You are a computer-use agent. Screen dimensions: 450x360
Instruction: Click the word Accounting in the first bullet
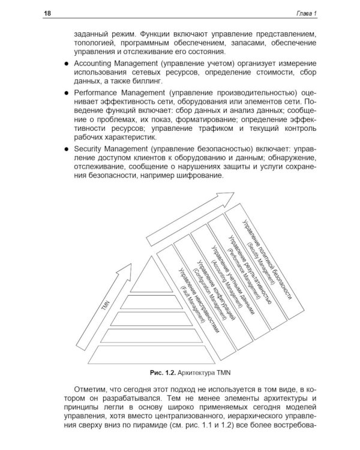(x=97, y=63)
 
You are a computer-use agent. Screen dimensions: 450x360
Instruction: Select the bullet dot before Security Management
(x=66, y=148)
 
